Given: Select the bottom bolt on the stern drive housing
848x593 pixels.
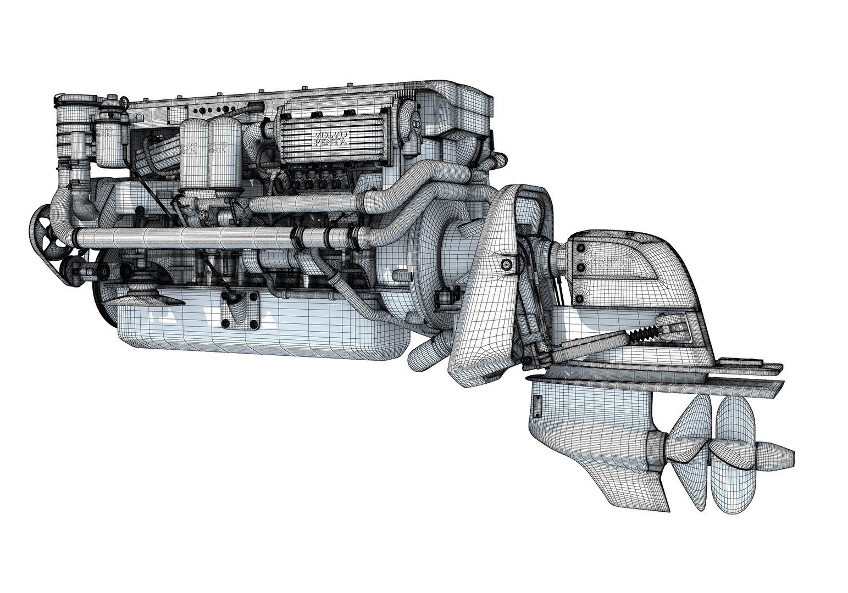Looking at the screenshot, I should pyautogui.click(x=579, y=298).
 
